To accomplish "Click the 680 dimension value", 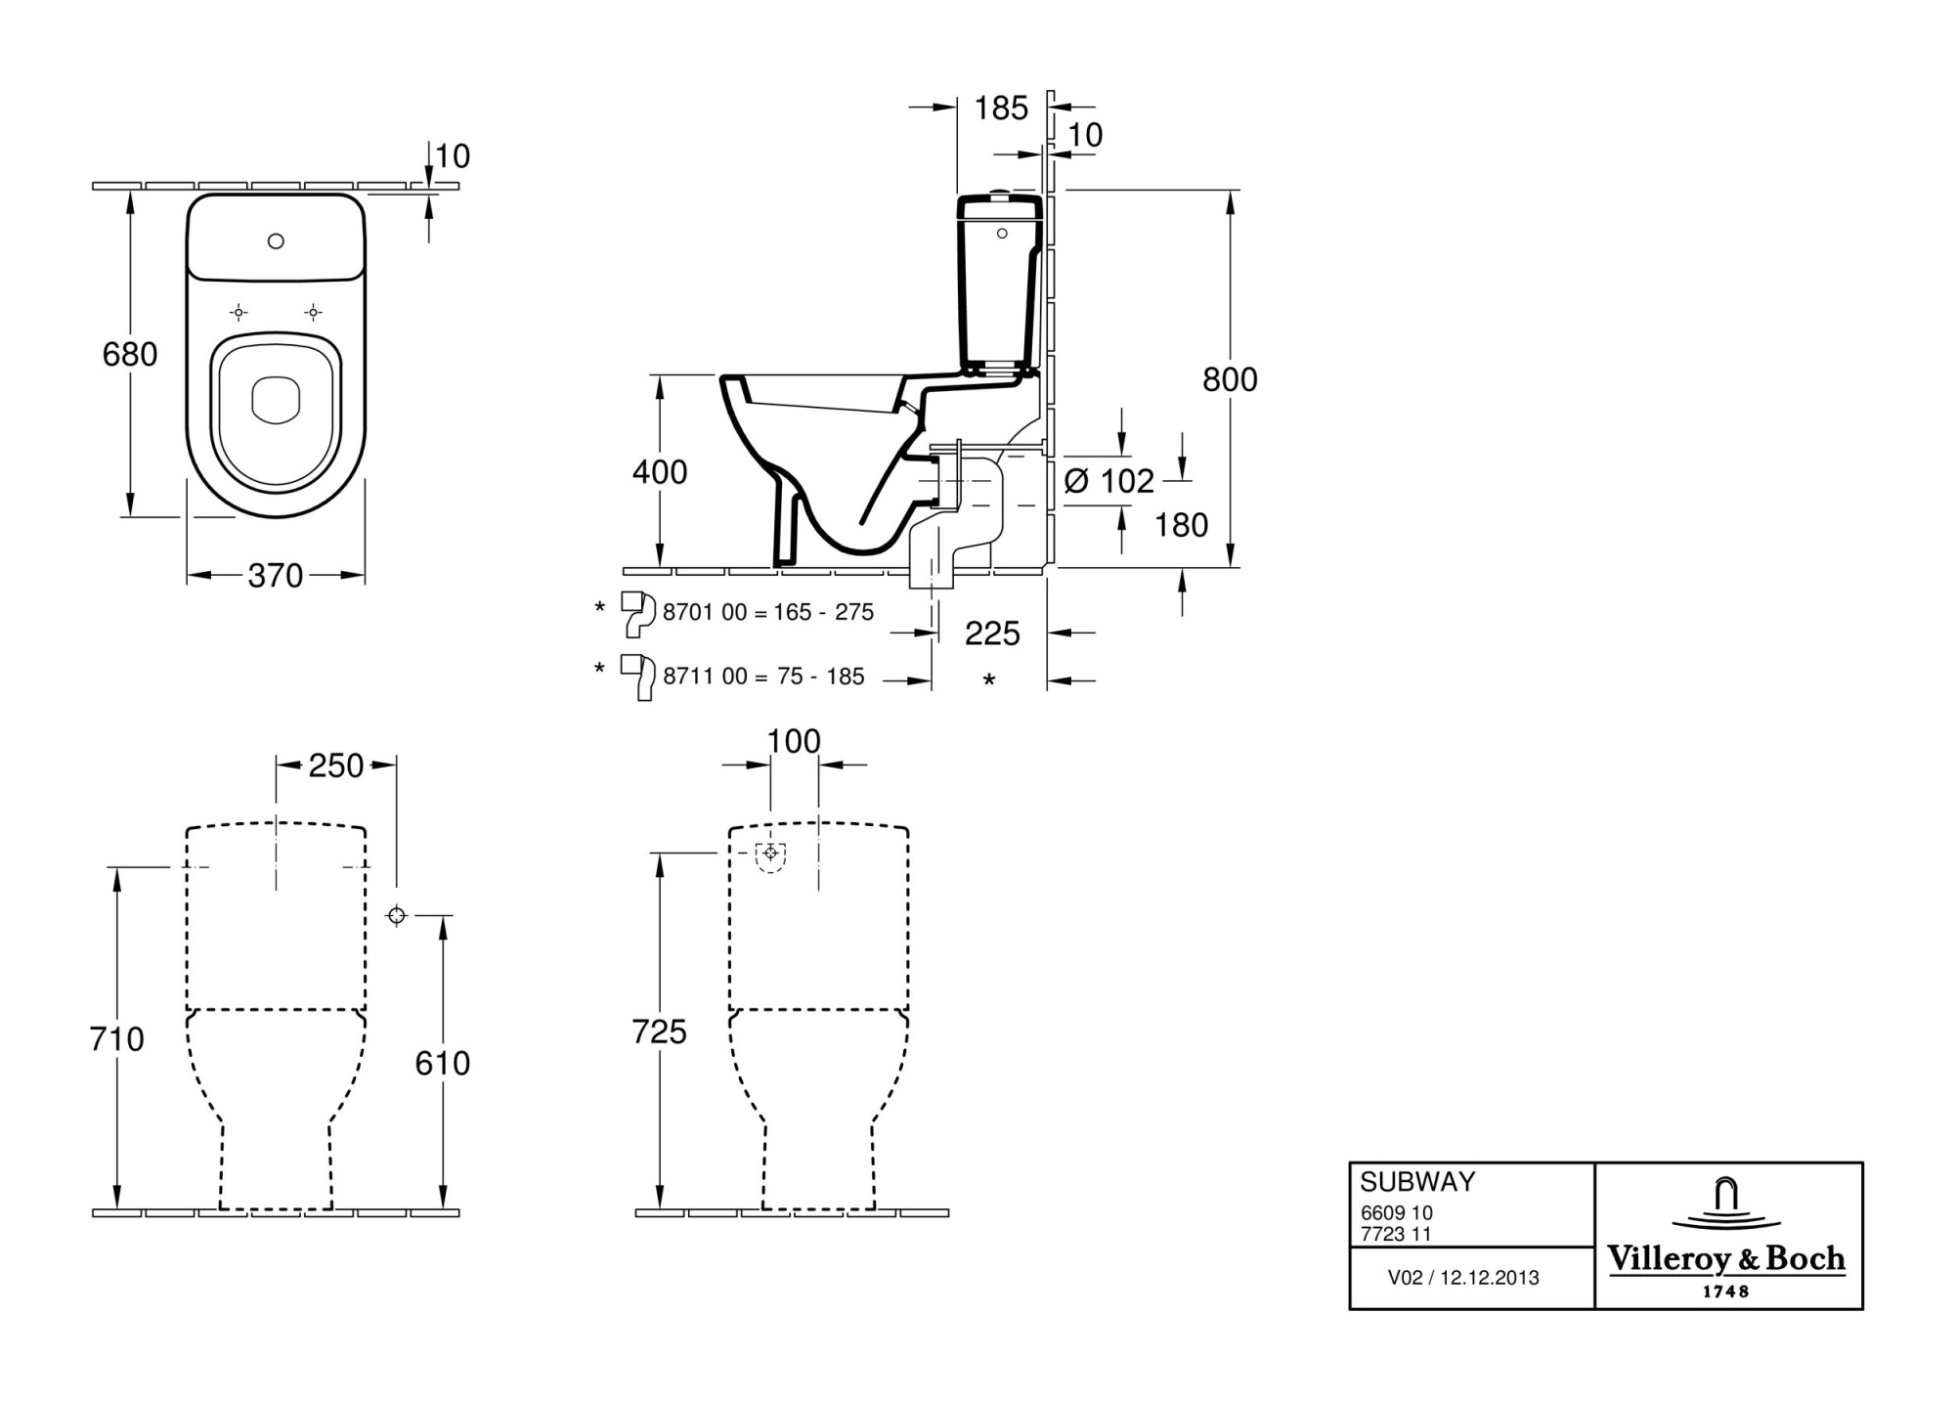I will pyautogui.click(x=129, y=354).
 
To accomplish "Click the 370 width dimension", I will pyautogui.click(x=276, y=576).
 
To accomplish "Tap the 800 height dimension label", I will pyautogui.click(x=1230, y=379).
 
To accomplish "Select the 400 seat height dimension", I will pyautogui.click(x=660, y=472).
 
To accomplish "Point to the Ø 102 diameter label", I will pyautogui.click(x=1109, y=481).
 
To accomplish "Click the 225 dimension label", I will pyautogui.click(x=992, y=634).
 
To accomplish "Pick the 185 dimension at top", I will pyautogui.click(x=1001, y=108).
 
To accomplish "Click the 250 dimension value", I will pyautogui.click(x=336, y=766).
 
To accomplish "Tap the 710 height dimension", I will pyautogui.click(x=116, y=1038).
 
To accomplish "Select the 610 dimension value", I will pyautogui.click(x=442, y=1063).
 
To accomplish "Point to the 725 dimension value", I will pyautogui.click(x=659, y=1031).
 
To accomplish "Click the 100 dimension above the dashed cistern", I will pyautogui.click(x=794, y=742).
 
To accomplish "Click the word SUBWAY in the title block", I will pyautogui.click(x=1416, y=1182).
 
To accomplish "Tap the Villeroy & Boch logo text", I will pyautogui.click(x=1726, y=1259).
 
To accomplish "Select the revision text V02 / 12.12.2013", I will pyautogui.click(x=1463, y=1278).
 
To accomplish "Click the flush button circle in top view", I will pyautogui.click(x=276, y=241).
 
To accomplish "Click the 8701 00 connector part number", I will pyautogui.click(x=704, y=612).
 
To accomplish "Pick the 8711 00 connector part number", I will pyautogui.click(x=704, y=677).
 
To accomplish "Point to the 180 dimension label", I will pyautogui.click(x=1181, y=526).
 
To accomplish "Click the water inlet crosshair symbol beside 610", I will pyautogui.click(x=396, y=915).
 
